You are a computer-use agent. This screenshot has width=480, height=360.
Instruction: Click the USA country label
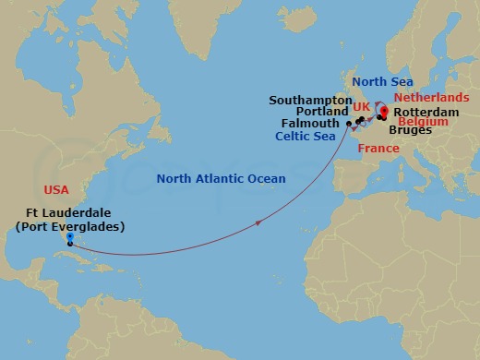tap(56, 189)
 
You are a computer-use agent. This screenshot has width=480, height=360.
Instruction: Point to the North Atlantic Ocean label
tap(221, 178)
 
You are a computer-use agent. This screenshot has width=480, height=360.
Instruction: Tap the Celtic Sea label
tap(307, 136)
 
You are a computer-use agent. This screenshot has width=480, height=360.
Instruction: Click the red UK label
tap(362, 107)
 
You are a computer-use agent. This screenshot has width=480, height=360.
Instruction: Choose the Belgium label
tap(423, 121)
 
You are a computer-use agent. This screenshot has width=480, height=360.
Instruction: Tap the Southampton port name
tap(310, 99)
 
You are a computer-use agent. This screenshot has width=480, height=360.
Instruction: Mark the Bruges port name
tap(409, 131)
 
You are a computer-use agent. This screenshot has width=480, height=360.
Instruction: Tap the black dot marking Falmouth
tap(348, 124)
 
